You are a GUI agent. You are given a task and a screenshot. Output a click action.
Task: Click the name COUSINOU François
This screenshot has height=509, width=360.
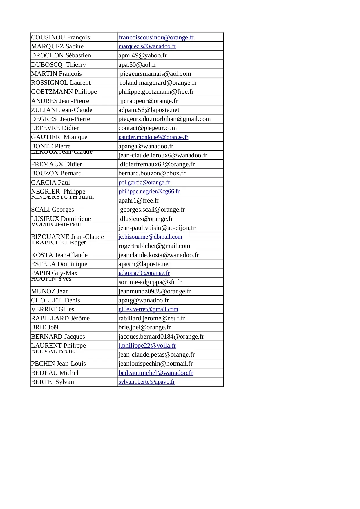point(60,37)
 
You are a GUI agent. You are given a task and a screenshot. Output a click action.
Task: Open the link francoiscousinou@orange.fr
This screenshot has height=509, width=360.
point(156,37)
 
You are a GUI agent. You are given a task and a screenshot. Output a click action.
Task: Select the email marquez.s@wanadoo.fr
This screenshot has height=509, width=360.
point(147,46)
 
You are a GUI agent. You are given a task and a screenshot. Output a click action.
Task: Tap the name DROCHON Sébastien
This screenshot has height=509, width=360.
point(61,55)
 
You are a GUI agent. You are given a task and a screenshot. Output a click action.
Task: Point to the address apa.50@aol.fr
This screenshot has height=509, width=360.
point(137,65)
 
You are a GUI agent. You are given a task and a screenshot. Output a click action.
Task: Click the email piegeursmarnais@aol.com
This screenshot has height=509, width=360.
point(155,74)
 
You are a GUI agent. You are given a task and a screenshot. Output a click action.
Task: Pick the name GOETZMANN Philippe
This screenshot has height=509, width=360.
point(64,92)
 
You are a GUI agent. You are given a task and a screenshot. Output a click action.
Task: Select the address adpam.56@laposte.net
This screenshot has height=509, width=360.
point(149,110)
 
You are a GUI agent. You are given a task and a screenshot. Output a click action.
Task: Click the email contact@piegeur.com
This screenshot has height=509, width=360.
point(147,128)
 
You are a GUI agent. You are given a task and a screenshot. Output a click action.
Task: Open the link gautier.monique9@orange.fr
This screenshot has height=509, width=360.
point(153,137)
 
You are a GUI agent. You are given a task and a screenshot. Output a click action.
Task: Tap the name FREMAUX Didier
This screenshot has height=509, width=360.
point(57,164)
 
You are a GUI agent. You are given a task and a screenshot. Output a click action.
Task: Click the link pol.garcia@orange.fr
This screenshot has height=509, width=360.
point(144,183)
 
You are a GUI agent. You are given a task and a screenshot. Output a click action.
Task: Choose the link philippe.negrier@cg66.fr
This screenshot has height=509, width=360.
point(149,192)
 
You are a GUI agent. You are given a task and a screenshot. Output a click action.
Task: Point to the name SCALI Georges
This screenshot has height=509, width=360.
point(53,210)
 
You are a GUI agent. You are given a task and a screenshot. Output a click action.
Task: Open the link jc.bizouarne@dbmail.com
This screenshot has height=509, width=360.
point(150,237)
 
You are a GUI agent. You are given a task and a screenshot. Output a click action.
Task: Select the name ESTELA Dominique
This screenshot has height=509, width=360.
point(59,264)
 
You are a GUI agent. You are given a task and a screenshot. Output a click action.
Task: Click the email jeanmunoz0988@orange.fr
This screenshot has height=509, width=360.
point(155,291)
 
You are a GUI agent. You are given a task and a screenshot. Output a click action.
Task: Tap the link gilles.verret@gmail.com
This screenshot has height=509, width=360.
point(148,309)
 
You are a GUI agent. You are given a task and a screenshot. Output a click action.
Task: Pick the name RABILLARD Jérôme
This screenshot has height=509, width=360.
point(60,318)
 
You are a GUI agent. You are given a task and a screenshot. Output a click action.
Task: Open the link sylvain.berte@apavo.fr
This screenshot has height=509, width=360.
point(146,382)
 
